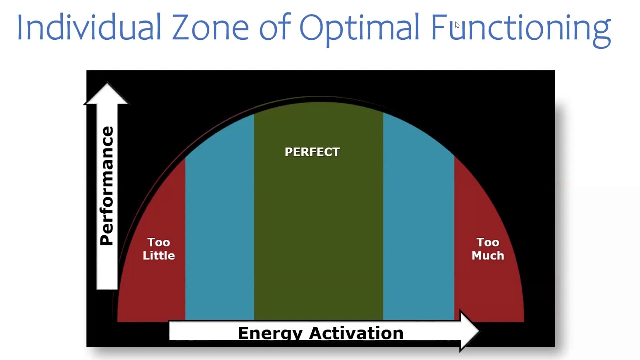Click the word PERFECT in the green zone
pos(312,152)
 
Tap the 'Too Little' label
pos(159,249)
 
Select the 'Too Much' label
pos(488,249)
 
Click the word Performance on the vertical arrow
pos(107,186)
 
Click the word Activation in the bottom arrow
pos(356,333)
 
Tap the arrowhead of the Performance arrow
pos(106,94)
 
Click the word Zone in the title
pos(210,27)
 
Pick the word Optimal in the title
pos(359,27)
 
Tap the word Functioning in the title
pos(520,28)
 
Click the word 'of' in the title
pos(275,27)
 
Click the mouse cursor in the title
pos(457,25)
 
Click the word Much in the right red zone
pos(488,255)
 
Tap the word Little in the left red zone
pos(159,255)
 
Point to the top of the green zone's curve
pos(318,104)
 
